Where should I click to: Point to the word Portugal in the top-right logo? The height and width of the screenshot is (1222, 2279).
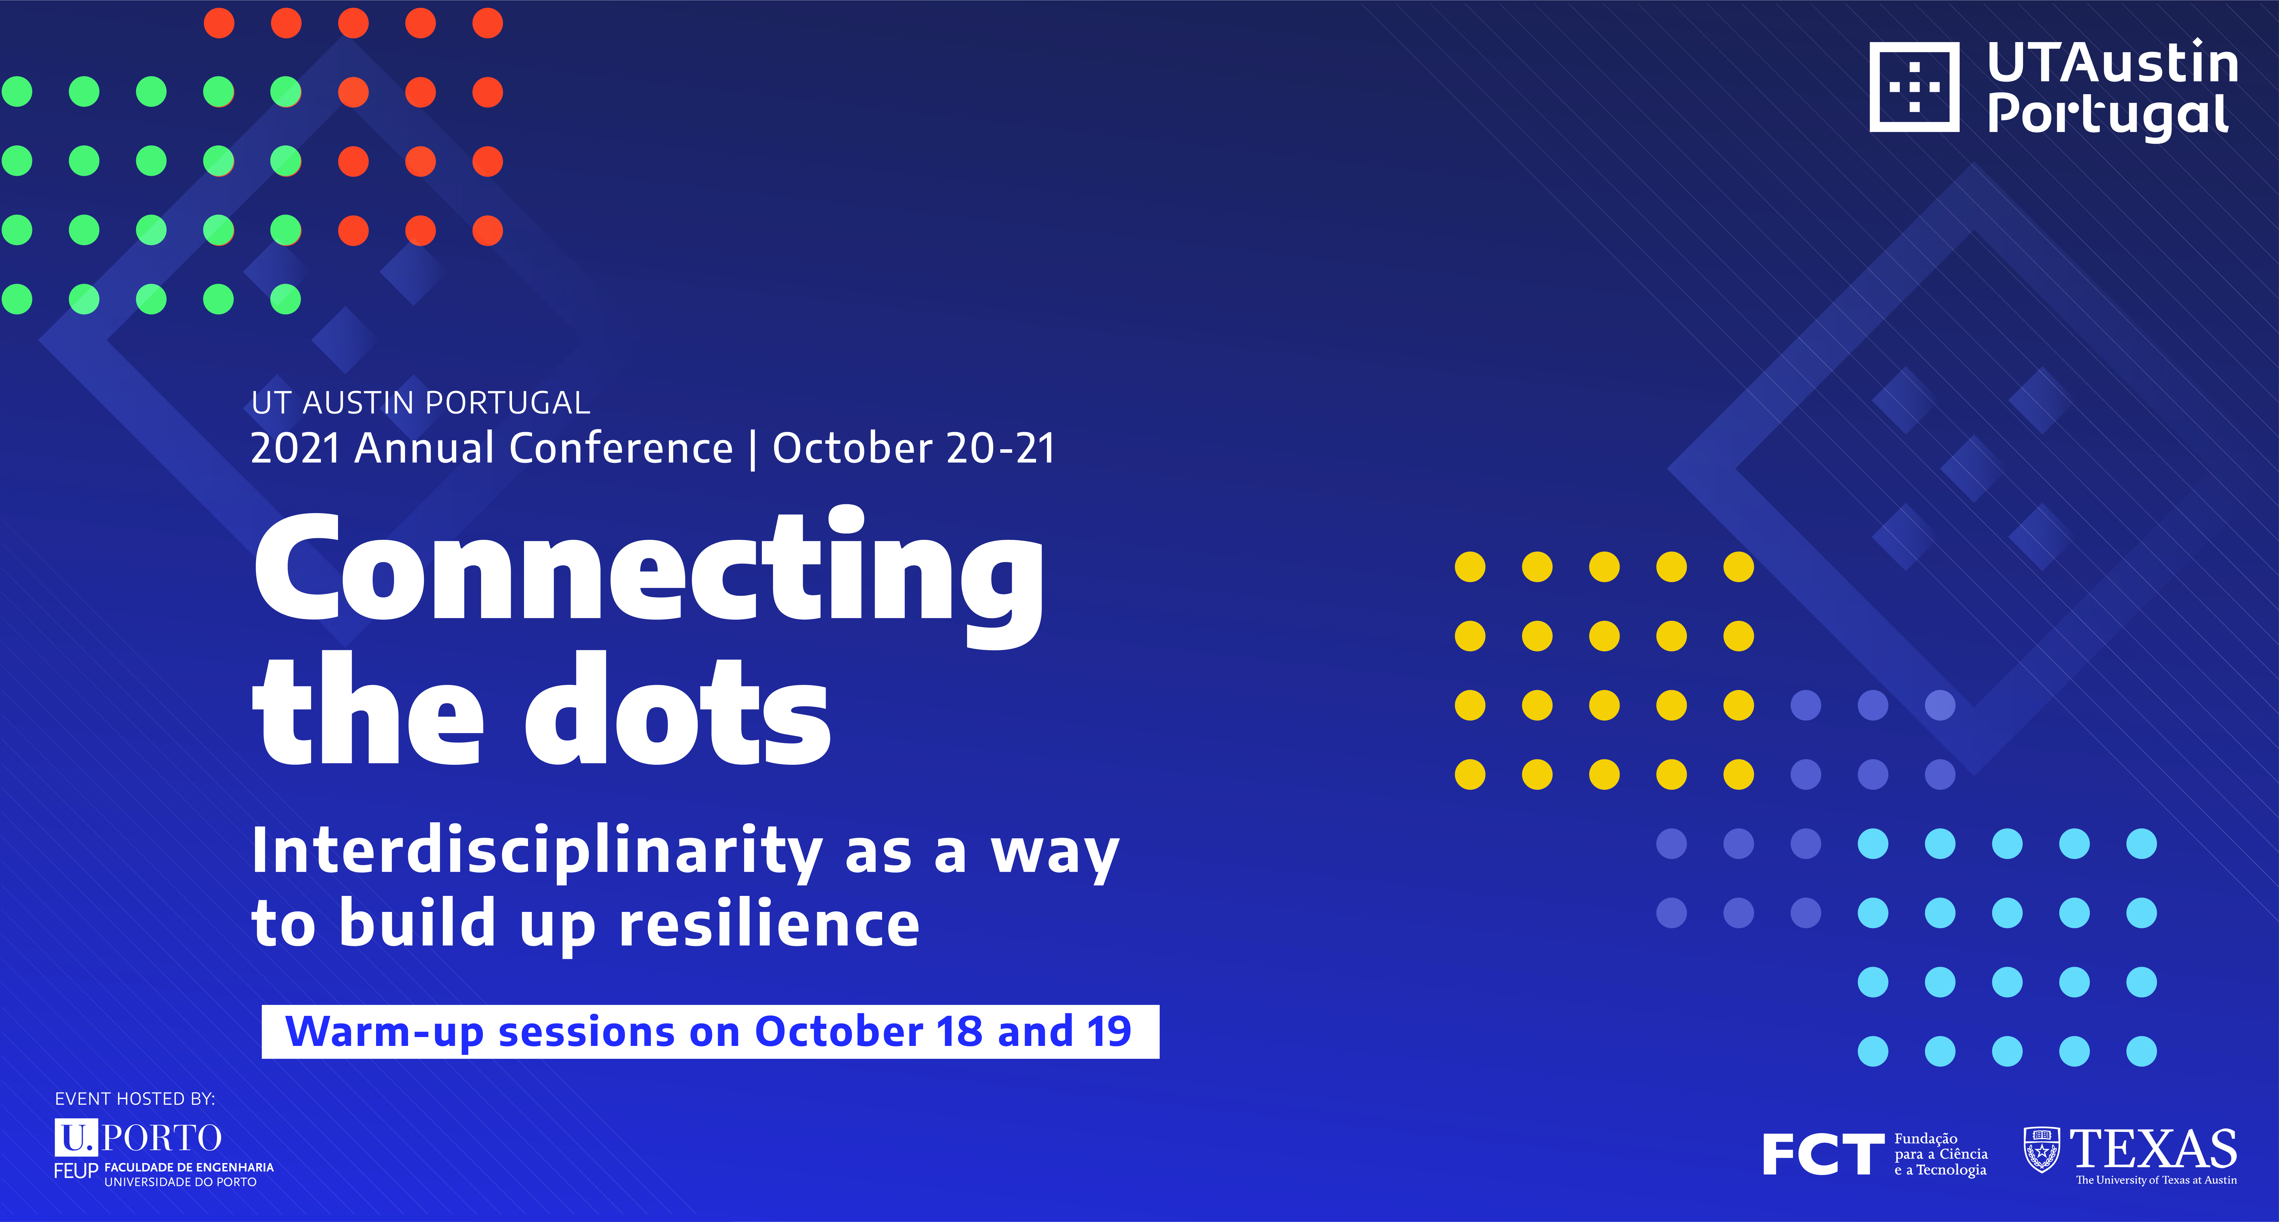tap(2107, 115)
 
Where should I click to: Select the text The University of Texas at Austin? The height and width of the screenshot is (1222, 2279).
tap(2156, 1180)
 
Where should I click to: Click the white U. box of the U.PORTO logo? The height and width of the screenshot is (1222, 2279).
tap(76, 1137)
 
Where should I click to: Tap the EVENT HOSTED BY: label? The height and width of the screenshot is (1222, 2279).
tap(135, 1099)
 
